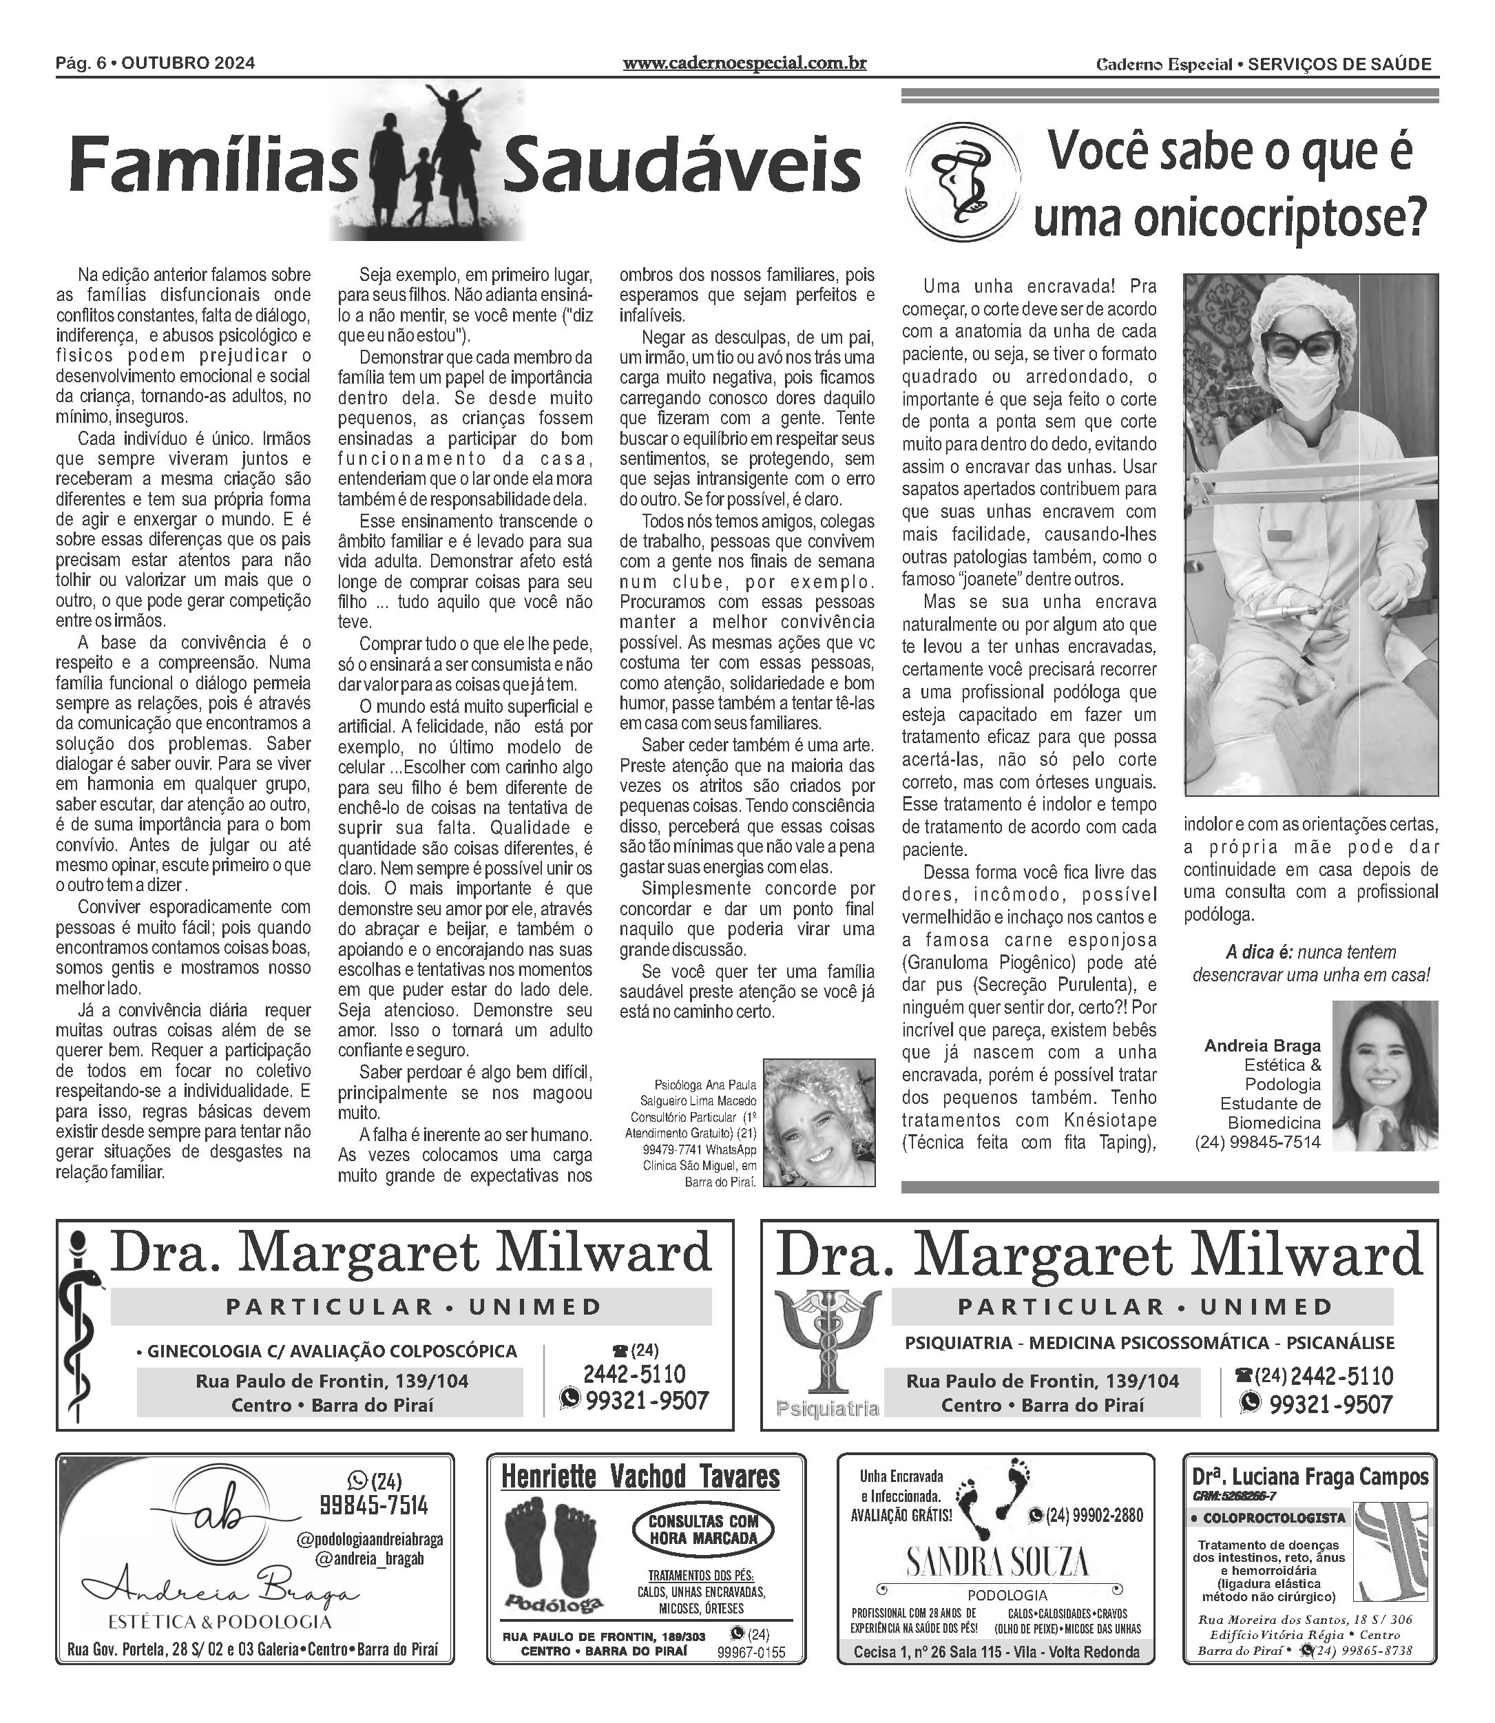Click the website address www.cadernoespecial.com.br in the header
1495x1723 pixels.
[x=744, y=63]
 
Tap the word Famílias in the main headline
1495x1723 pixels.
[x=213, y=165]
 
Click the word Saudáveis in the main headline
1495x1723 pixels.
[x=682, y=165]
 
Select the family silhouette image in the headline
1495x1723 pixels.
[x=427, y=163]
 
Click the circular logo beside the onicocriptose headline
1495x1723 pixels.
[x=963, y=181]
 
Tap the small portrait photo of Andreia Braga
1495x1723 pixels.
[x=1385, y=1076]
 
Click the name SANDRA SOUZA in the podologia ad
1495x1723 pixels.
[x=996, y=1561]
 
